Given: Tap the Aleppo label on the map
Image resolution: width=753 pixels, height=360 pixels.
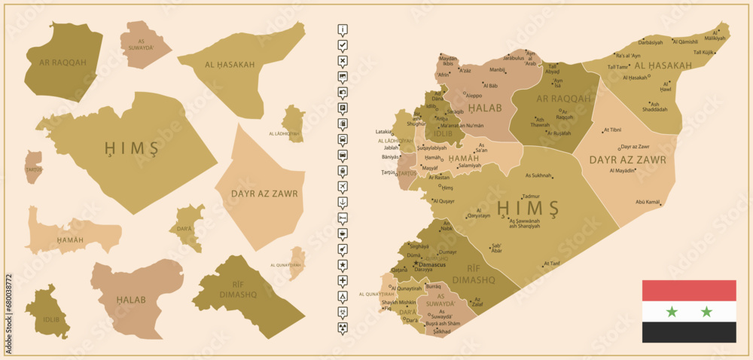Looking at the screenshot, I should (474, 96).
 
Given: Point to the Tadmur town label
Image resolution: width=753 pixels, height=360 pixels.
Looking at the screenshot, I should (531, 197).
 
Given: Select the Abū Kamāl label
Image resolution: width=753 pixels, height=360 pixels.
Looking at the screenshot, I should (648, 202).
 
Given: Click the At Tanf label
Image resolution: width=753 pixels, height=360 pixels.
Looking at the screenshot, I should (551, 263).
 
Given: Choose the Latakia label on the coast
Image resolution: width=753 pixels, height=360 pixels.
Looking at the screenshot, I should (384, 132).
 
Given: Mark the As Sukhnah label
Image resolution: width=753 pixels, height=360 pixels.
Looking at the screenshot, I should (538, 175).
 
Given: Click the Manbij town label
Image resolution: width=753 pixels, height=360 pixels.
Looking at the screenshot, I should (498, 69).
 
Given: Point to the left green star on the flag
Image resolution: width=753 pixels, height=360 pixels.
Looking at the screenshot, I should (672, 312).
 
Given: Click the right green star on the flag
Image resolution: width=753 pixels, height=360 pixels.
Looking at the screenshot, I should (706, 312).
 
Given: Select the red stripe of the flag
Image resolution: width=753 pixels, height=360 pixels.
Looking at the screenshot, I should (689, 291).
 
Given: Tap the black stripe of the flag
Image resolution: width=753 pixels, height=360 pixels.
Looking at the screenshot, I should (689, 332).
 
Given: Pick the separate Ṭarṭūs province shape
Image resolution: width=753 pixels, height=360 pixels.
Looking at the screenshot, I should (33, 167).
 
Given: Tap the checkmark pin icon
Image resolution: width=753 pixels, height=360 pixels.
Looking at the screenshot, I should (343, 46).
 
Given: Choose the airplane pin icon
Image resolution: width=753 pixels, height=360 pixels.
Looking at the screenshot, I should (343, 186).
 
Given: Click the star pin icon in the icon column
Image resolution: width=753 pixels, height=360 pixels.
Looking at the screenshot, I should (343, 265).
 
